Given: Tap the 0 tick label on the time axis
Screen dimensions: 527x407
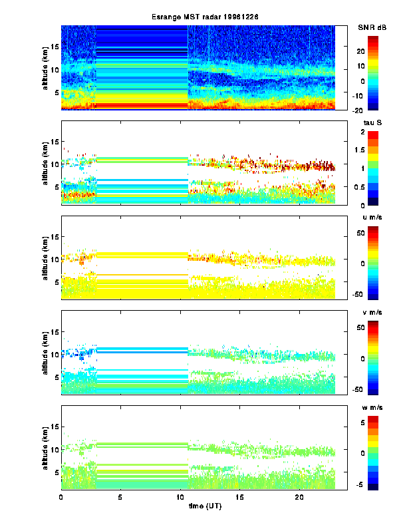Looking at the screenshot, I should (61, 497).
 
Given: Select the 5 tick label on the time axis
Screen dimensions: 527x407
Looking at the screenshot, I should (120, 497).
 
